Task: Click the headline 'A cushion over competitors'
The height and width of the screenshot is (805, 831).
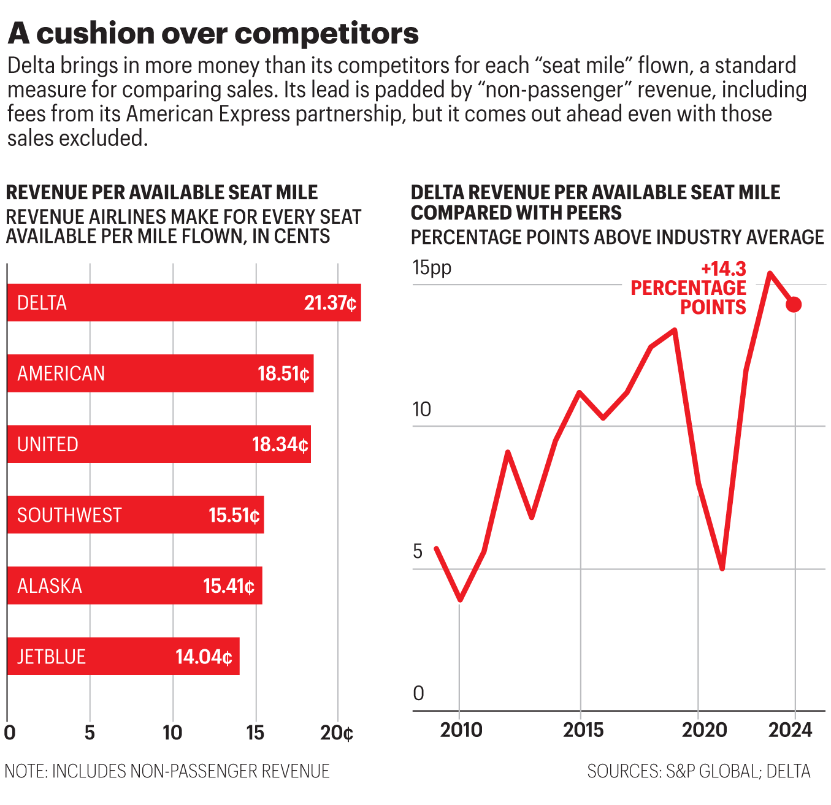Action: [x=213, y=33]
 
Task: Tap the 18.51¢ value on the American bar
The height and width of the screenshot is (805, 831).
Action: [x=283, y=373]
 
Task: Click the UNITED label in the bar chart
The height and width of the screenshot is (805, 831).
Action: [x=48, y=444]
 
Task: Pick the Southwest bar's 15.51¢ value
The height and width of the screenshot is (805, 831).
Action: [x=234, y=515]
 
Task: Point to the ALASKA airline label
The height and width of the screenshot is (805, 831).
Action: [x=50, y=586]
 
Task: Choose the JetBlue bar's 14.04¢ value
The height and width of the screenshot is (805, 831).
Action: [x=204, y=657]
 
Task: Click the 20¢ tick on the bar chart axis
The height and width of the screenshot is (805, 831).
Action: [x=337, y=733]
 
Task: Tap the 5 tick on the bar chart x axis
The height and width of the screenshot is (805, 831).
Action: [x=90, y=733]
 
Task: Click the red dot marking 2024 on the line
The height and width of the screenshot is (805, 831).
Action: [x=794, y=305]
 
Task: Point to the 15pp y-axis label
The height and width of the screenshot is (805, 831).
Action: [x=432, y=268]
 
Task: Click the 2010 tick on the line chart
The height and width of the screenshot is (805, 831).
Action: [x=461, y=730]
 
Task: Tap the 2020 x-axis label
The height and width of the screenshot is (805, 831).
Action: [x=704, y=730]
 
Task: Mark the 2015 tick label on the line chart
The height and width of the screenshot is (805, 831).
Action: [x=583, y=730]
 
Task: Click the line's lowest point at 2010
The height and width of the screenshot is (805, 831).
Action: [x=460, y=600]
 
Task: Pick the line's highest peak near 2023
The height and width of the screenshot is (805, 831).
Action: [x=770, y=273]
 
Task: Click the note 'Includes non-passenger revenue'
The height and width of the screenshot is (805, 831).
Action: [x=167, y=771]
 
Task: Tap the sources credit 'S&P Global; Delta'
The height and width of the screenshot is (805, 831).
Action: [x=699, y=771]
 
